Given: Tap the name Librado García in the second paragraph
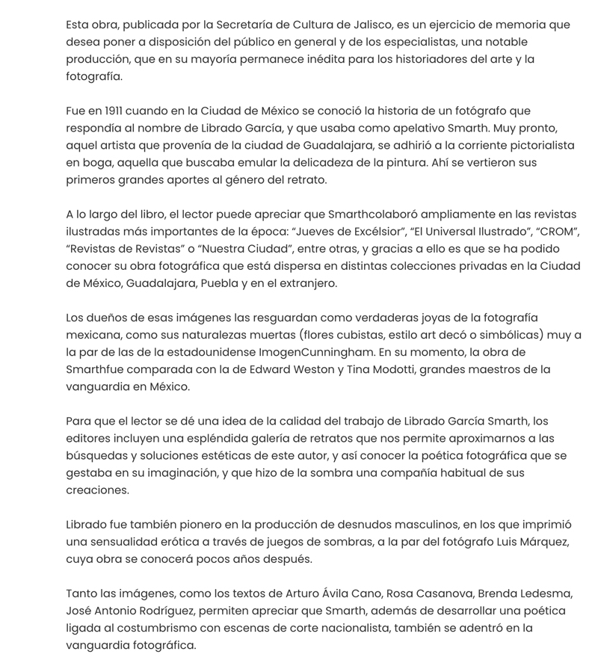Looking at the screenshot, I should [245, 128].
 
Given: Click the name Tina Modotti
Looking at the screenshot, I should [377, 369].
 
